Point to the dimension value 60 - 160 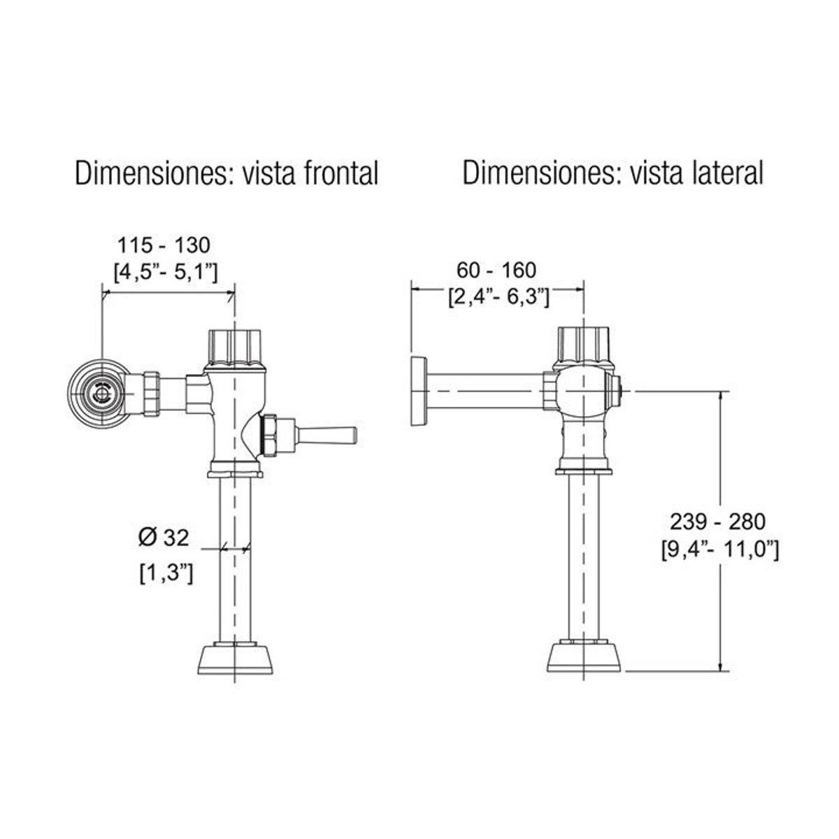coord(496,270)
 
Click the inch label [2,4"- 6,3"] coord(498,296)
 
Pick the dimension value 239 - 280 coord(718,521)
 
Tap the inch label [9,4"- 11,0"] coord(719,549)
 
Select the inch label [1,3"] coord(166,574)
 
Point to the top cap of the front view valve coord(235,345)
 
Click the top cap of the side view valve coord(584,345)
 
